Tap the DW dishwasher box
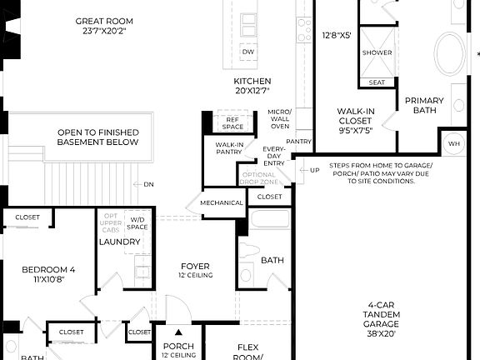(247, 52)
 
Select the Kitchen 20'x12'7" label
(252, 86)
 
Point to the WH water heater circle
(454, 143)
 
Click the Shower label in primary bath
(377, 52)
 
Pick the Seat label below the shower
(377, 82)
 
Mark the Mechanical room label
(222, 202)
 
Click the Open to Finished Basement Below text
(97, 137)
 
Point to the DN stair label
(148, 184)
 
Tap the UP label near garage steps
(314, 170)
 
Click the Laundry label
(119, 242)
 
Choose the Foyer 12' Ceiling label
(195, 271)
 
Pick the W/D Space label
(138, 222)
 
